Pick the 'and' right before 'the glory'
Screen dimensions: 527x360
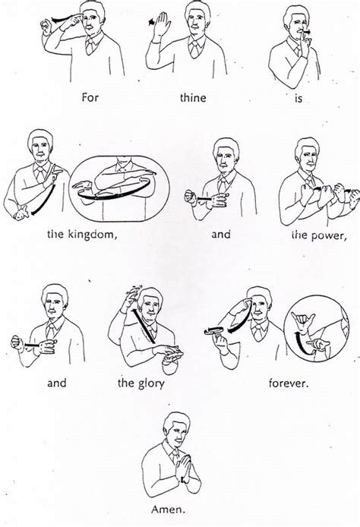tap(57, 383)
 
